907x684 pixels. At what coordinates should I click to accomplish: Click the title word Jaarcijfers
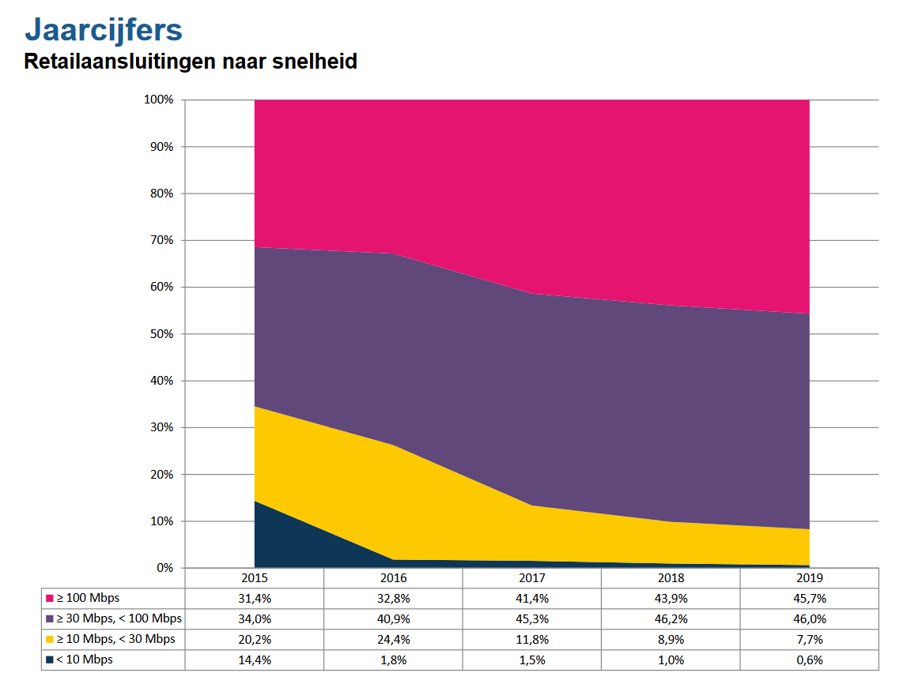click(104, 30)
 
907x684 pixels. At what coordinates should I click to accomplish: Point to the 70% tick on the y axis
click(162, 240)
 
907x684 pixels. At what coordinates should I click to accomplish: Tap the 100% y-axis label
click(159, 100)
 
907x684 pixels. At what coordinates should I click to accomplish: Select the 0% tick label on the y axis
click(164, 568)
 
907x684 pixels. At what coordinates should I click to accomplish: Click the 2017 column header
click(531, 578)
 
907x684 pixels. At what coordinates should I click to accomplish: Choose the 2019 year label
click(809, 578)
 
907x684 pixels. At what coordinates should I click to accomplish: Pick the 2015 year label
click(254, 578)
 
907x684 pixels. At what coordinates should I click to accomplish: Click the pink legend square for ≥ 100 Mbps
click(49, 598)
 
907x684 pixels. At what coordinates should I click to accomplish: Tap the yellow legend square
click(49, 639)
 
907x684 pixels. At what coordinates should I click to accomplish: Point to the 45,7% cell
click(809, 599)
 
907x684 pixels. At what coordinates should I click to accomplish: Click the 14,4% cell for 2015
click(254, 660)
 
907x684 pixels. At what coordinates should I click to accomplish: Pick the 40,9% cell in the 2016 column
click(393, 619)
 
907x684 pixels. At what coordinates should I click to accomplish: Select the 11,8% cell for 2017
click(531, 640)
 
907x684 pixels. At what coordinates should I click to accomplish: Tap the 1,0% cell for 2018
click(671, 660)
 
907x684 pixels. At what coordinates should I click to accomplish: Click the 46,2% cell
click(671, 619)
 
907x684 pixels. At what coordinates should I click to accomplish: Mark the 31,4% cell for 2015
click(254, 599)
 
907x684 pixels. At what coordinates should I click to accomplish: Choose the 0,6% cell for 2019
click(809, 660)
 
